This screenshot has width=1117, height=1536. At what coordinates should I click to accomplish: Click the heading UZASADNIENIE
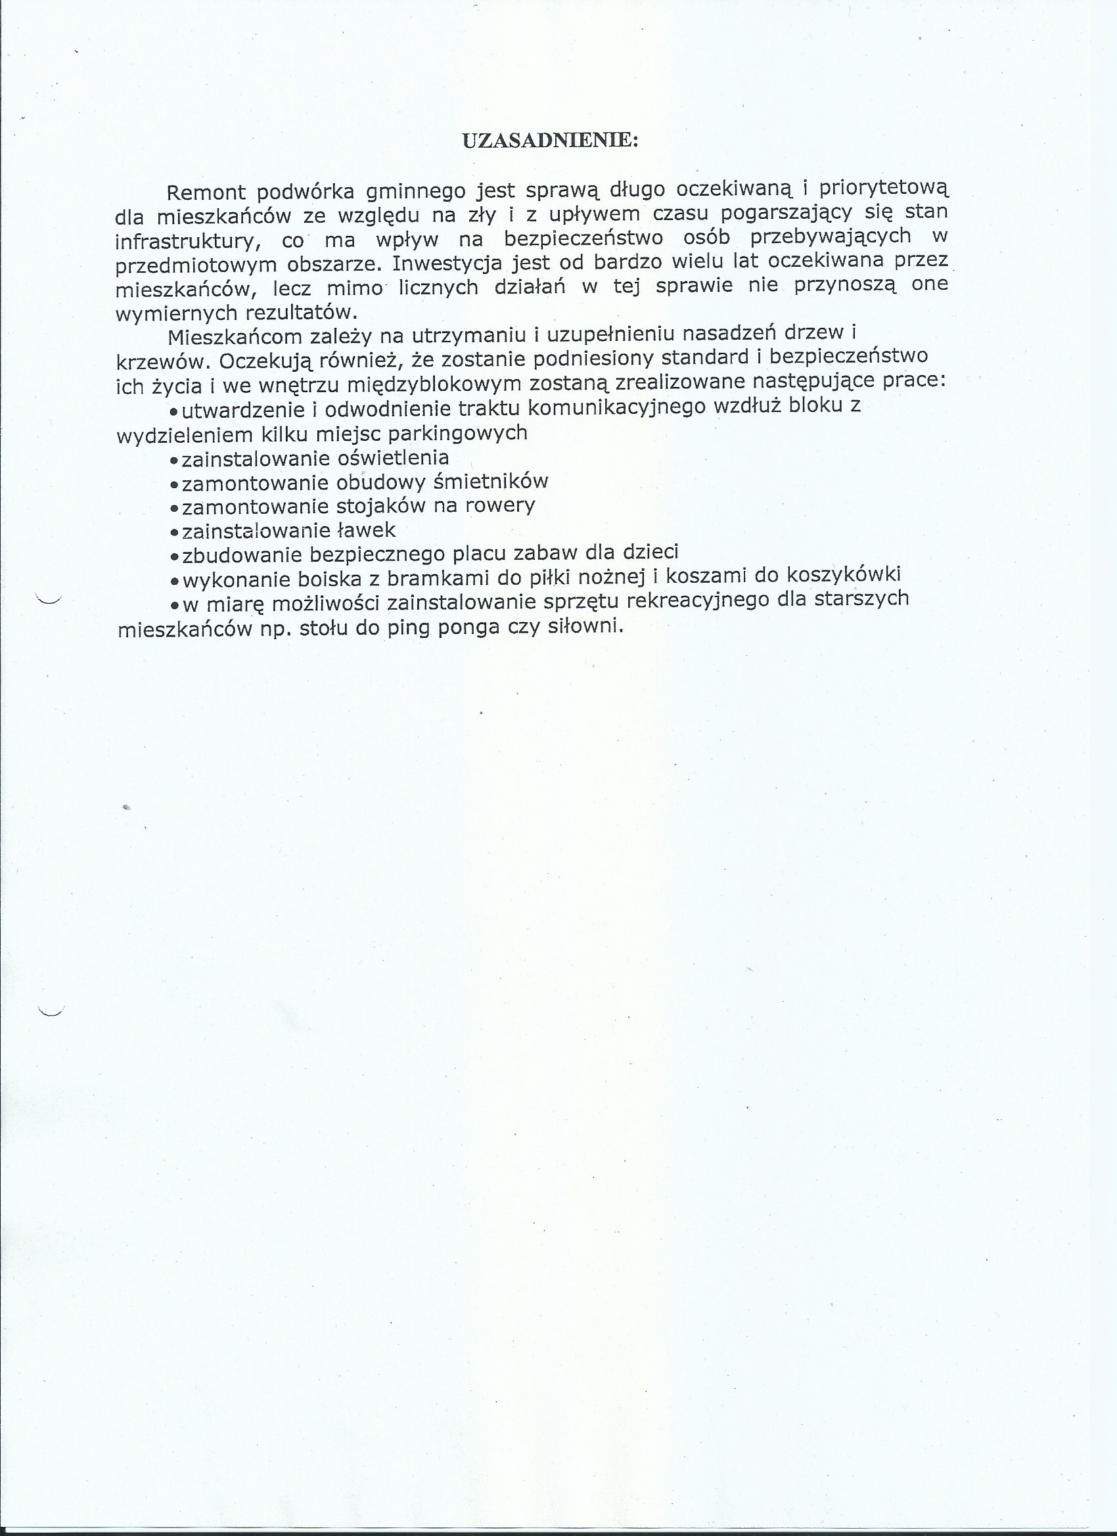[x=549, y=140]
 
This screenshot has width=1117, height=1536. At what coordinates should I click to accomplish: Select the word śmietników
[x=490, y=482]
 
